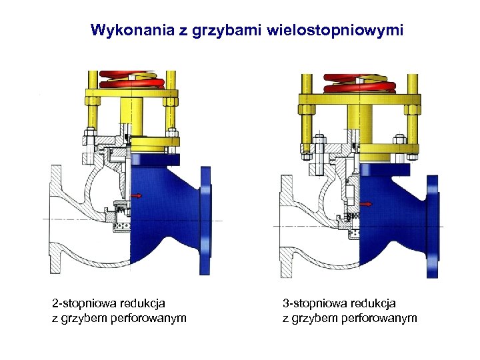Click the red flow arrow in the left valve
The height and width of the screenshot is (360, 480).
[x=137, y=196]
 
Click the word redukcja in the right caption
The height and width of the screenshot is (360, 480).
[x=375, y=303]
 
